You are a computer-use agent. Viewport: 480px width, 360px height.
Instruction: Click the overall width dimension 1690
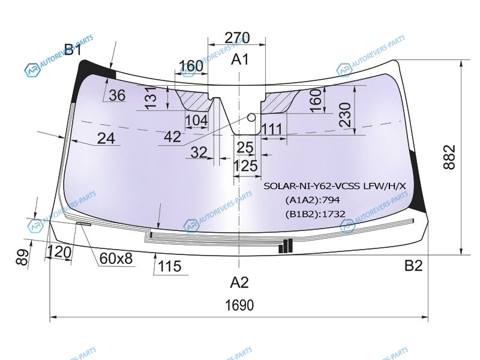[x=239, y=305]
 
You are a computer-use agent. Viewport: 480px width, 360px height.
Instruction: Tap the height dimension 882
[x=449, y=157]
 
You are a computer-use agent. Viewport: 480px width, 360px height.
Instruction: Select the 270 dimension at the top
[x=237, y=38]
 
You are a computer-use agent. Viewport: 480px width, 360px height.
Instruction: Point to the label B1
[x=73, y=49]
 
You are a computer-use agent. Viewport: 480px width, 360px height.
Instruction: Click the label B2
[x=413, y=265]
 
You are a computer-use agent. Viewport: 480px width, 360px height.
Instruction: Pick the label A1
[x=240, y=59]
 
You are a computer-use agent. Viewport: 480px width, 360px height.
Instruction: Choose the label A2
[x=239, y=282]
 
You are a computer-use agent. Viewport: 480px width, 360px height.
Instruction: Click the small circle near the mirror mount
[x=251, y=117]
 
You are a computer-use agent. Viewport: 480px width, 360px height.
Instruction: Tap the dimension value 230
[x=345, y=115]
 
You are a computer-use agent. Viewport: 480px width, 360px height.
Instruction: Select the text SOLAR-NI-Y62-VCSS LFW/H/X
[x=335, y=186]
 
